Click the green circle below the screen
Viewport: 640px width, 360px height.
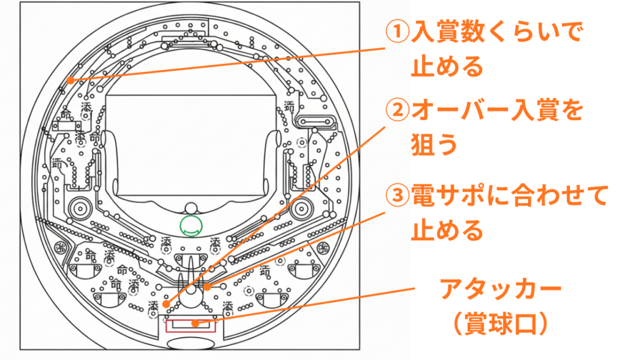click(191, 226)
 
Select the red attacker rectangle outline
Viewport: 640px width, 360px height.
click(190, 326)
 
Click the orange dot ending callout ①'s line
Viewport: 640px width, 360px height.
click(71, 80)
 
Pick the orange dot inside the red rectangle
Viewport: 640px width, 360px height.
click(196, 324)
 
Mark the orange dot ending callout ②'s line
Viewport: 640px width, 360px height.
click(167, 303)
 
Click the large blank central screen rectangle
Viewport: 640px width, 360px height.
click(191, 144)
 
